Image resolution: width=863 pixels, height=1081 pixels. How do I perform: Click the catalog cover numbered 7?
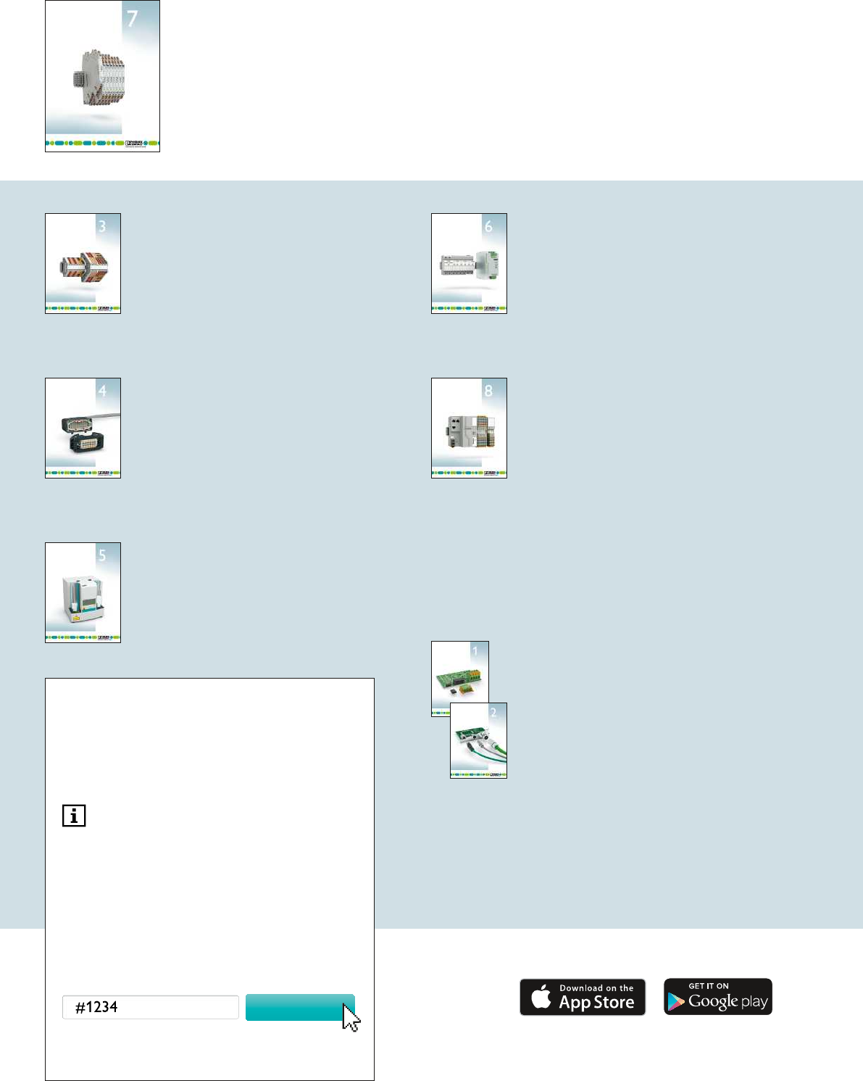(x=102, y=76)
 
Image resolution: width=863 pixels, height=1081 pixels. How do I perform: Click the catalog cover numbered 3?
(x=83, y=263)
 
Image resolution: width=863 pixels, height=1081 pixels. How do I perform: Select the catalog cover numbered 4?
(x=83, y=428)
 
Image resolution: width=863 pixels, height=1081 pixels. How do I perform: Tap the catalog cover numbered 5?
(x=83, y=592)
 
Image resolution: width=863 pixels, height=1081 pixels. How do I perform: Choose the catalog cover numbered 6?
(x=469, y=263)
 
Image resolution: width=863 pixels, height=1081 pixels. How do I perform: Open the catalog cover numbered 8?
(x=469, y=428)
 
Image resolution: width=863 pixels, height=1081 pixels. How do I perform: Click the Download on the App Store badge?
(x=583, y=997)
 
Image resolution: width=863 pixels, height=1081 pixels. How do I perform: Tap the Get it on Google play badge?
(x=718, y=997)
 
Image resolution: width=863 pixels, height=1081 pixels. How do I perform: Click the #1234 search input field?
(x=151, y=1007)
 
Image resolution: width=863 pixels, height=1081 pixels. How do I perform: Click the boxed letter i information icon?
(x=74, y=816)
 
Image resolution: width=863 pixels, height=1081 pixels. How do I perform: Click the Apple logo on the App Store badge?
(x=541, y=997)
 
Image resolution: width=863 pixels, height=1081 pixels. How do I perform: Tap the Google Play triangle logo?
(x=676, y=1001)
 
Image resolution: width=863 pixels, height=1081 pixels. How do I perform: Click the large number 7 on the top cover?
(x=133, y=19)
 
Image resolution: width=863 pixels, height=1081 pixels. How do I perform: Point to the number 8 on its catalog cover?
(x=488, y=391)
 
